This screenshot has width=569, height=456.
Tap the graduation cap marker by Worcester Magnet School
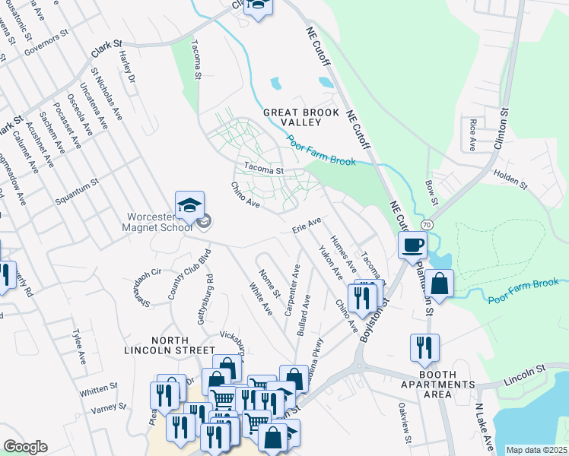click(190, 205)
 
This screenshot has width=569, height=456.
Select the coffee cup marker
click(412, 245)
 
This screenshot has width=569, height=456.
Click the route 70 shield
click(427, 225)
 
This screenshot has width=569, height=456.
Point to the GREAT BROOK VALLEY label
click(298, 117)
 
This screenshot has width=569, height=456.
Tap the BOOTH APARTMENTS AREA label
click(437, 385)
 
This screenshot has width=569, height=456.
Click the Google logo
click(25, 447)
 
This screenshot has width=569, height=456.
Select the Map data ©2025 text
click(536, 450)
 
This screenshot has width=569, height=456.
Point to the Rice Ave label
click(472, 134)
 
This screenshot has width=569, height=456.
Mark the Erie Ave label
click(307, 226)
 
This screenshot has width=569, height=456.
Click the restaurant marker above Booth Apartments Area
click(424, 347)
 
